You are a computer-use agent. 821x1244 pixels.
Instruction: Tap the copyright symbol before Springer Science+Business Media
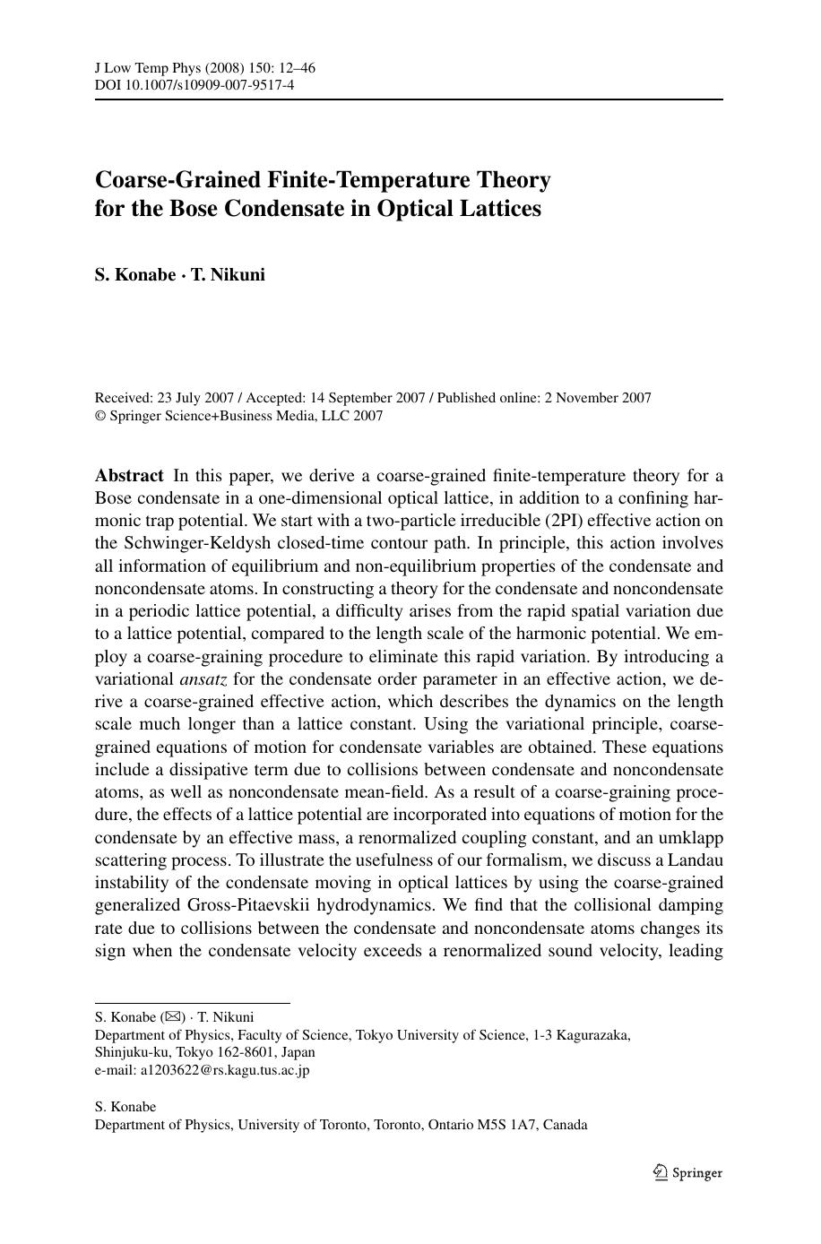100,416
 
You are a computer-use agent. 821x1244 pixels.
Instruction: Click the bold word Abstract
129,475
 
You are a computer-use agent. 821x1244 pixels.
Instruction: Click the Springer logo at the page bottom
687,1172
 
